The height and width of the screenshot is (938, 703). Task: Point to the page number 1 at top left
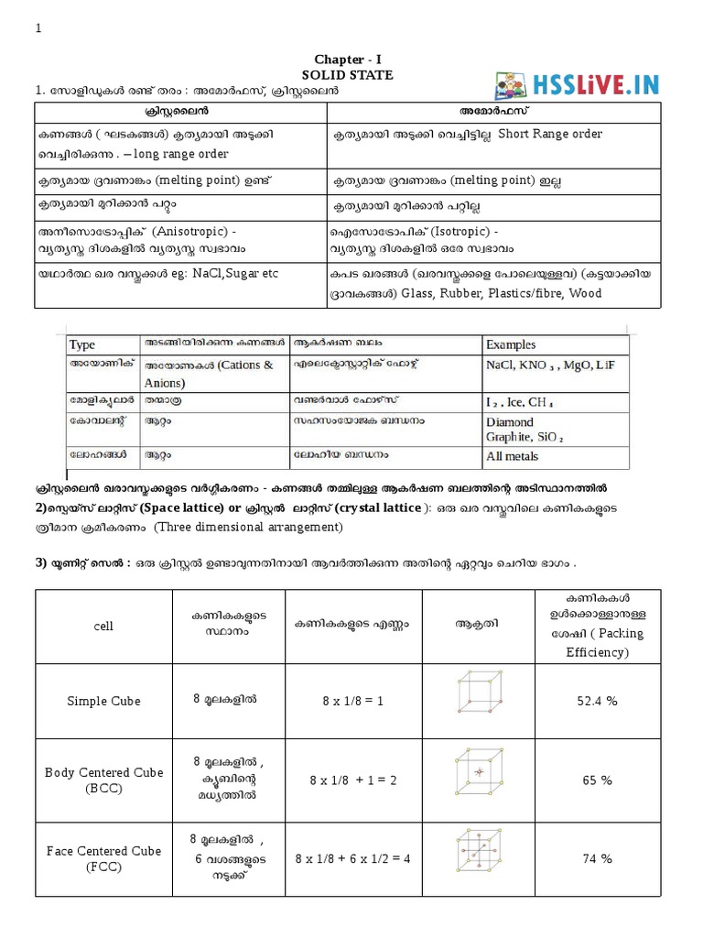[38, 28]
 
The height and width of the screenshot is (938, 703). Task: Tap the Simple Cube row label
[104, 700]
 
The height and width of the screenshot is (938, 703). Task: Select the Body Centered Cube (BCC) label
[104, 780]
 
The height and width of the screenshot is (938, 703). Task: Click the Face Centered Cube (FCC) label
[104, 858]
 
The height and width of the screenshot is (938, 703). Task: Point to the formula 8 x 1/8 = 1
[352, 700]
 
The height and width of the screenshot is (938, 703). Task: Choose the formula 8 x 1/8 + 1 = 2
[352, 780]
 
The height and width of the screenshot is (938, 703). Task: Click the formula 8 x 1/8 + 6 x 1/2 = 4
[352, 858]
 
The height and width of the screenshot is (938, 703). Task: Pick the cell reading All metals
[512, 456]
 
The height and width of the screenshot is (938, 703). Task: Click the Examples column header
[511, 344]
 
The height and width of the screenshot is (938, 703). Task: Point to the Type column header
[82, 344]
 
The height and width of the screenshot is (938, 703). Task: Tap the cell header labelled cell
[103, 626]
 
